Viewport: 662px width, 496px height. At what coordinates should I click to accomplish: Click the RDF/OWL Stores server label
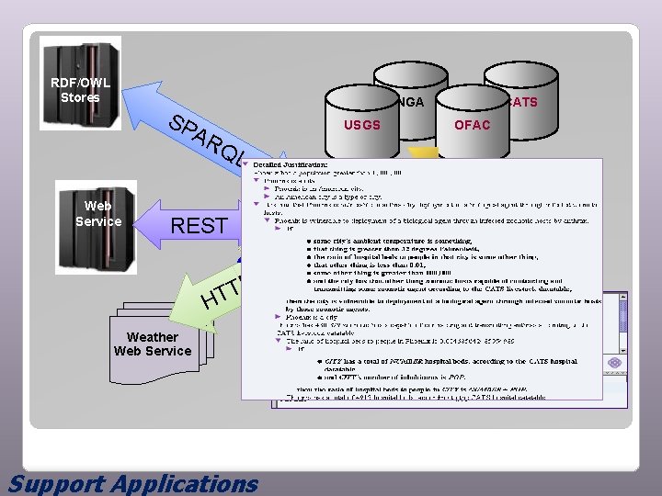[80, 90]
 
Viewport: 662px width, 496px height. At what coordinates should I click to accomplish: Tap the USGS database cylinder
[361, 124]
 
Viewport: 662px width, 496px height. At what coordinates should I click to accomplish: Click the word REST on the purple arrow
[200, 225]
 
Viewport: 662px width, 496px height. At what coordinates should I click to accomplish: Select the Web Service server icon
[97, 220]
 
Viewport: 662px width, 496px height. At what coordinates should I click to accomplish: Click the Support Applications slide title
[133, 483]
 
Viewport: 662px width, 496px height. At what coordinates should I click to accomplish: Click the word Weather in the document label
[152, 337]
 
